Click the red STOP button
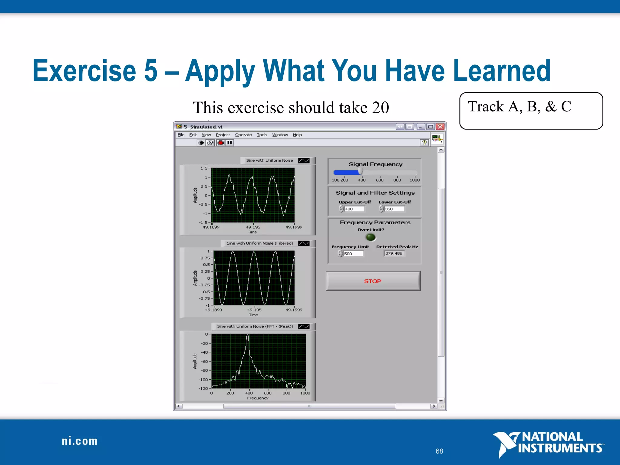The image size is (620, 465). (373, 281)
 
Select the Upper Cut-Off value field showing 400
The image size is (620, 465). (354, 209)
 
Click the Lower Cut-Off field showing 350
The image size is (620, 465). (394, 209)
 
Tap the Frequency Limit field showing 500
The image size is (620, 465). (353, 254)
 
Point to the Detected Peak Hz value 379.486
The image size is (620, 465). (394, 253)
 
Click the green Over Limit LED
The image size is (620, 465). (371, 237)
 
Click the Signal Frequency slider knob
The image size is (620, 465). (360, 172)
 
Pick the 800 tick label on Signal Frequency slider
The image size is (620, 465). (397, 180)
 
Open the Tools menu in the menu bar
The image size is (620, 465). (262, 135)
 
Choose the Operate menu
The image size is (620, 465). (243, 135)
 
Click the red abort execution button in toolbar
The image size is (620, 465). (221, 143)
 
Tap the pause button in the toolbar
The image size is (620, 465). (230, 143)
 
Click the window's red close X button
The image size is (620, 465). (440, 127)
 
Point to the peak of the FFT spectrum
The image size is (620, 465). (248, 335)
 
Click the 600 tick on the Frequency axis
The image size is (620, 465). (268, 393)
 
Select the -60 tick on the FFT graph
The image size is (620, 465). (205, 361)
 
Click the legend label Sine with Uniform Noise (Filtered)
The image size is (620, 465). (260, 243)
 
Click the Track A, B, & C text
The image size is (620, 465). (519, 107)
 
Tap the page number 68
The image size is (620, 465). (439, 451)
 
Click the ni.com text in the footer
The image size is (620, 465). (80, 441)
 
